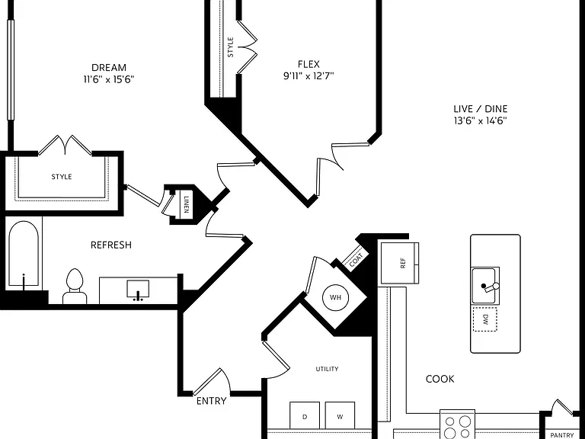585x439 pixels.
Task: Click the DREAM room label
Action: point(109,68)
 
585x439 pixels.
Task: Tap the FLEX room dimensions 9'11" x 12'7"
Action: point(308,75)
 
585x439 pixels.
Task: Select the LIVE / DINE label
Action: point(481,109)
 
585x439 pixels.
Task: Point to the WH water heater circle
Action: point(336,297)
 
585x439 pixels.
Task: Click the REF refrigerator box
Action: point(399,263)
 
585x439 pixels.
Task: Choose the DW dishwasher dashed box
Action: point(485,319)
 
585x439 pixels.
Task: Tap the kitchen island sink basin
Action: point(485,286)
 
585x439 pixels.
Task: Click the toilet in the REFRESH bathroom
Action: point(75,287)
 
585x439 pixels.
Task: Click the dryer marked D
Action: point(305,415)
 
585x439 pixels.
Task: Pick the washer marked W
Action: point(340,415)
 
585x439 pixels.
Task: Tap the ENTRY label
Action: point(212,401)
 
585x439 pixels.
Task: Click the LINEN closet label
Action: point(186,203)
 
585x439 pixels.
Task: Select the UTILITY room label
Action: point(328,369)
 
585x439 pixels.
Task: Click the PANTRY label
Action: point(562,435)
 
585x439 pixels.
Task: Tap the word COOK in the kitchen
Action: point(440,379)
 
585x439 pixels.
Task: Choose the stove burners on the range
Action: point(457,427)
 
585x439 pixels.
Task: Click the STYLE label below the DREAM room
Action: point(62,177)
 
